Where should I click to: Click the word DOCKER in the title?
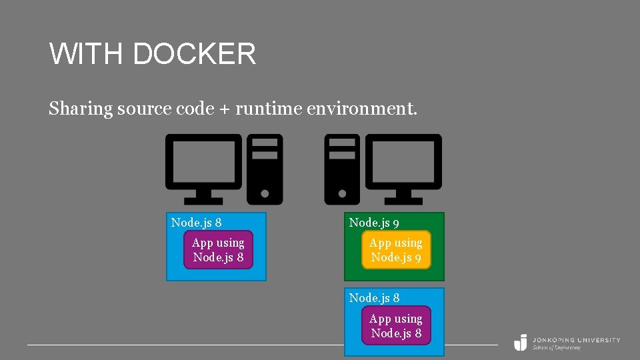pos(194,54)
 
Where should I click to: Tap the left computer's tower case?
pos(265,169)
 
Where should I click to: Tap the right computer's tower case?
pos(342,169)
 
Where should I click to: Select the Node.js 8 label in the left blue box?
pos(197,223)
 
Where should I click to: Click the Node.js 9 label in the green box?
pos(375,223)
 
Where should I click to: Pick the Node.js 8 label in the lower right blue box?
pos(375,298)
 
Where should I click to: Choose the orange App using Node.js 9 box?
pos(396,250)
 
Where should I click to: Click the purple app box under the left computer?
pos(218,250)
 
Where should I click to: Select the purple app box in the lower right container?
pos(396,325)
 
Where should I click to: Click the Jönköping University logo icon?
pos(520,342)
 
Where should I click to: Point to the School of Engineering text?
pos(556,347)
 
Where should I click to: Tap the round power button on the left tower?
pos(265,193)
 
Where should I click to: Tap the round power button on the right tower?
pos(342,193)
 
